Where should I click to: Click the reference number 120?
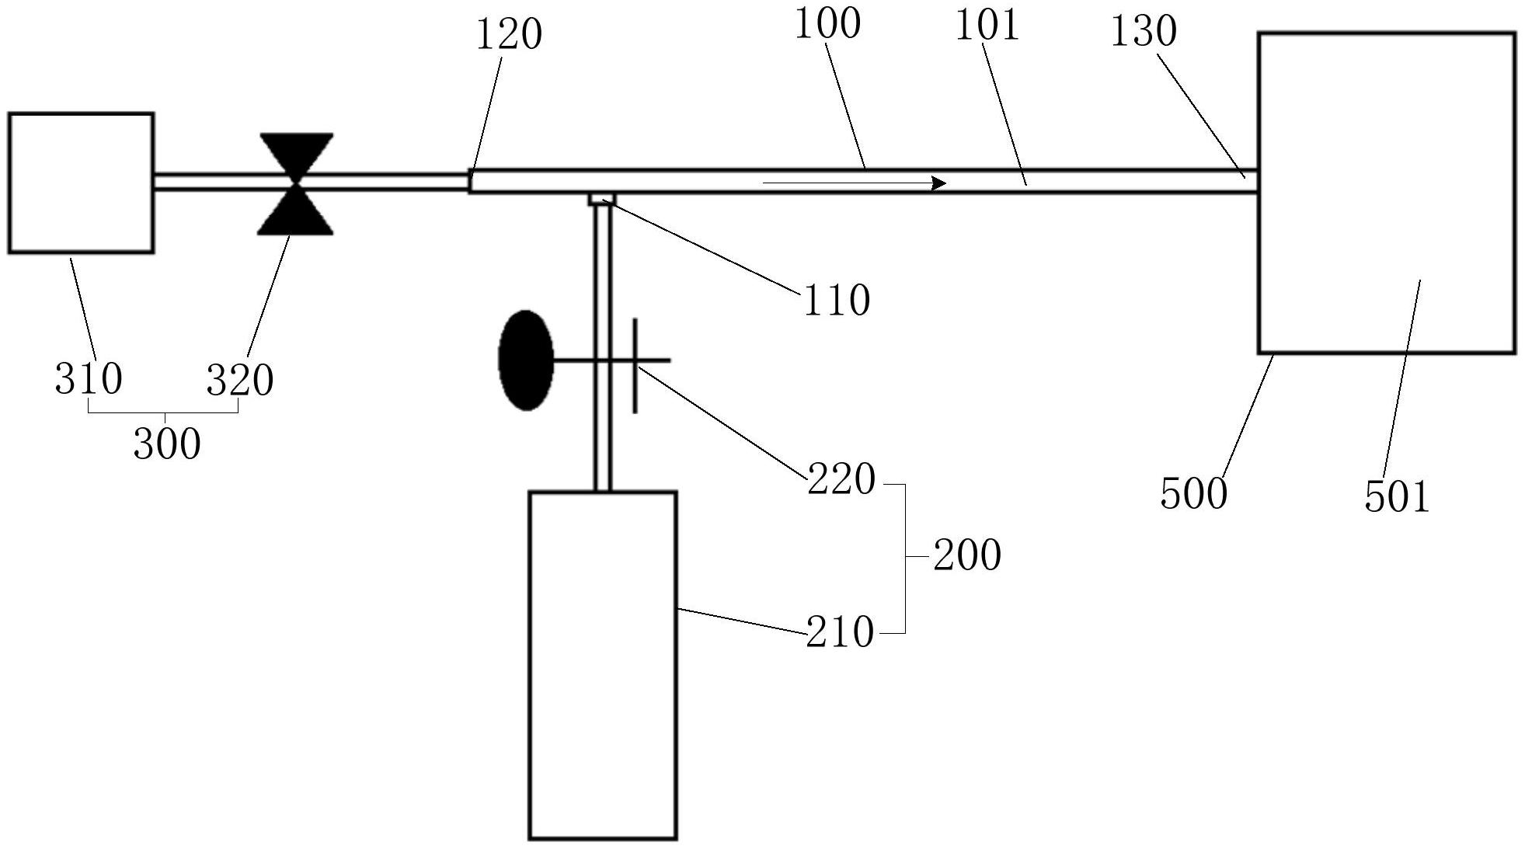pyautogui.click(x=508, y=35)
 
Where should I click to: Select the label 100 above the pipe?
pyautogui.click(x=827, y=24)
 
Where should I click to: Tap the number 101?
pyautogui.click(x=986, y=26)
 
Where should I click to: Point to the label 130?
pyautogui.click(x=1143, y=32)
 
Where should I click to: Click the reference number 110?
pyautogui.click(x=836, y=301)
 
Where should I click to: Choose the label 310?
pyautogui.click(x=88, y=380)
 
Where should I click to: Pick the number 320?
pyautogui.click(x=239, y=381)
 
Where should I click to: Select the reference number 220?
pyautogui.click(x=841, y=479)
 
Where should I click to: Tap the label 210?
pyautogui.click(x=840, y=633)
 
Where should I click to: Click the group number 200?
pyautogui.click(x=966, y=556)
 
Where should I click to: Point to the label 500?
pyautogui.click(x=1193, y=493)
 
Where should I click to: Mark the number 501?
pyautogui.click(x=1397, y=497)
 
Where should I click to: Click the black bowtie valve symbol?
pyautogui.click(x=296, y=184)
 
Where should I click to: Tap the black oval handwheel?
pyautogui.click(x=527, y=360)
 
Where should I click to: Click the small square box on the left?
pyautogui.click(x=81, y=183)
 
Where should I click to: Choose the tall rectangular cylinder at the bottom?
pyautogui.click(x=603, y=665)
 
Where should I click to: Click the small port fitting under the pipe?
pyautogui.click(x=602, y=199)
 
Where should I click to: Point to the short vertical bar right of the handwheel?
pyautogui.click(x=635, y=365)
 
